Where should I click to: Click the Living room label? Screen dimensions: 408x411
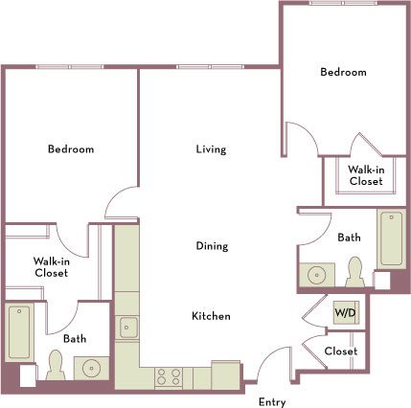[x=211, y=149]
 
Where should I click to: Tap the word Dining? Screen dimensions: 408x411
[x=212, y=246]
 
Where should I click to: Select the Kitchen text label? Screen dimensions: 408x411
[x=211, y=316]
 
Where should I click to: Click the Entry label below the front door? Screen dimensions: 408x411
[x=272, y=401]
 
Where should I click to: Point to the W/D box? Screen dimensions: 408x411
[x=343, y=312]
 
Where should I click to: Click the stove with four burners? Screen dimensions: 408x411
[x=169, y=375]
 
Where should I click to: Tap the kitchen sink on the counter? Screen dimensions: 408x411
[x=127, y=328]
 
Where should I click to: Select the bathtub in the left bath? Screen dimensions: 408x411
[x=18, y=330]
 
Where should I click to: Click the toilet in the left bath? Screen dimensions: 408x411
[x=56, y=365]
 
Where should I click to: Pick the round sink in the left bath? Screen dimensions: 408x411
[x=92, y=368]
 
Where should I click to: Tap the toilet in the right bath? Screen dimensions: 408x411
[x=354, y=272]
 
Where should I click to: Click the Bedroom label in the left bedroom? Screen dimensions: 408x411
[x=71, y=149]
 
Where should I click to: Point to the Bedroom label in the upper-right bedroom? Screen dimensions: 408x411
[x=343, y=73]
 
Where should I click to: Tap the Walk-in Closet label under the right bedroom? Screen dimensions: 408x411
[x=366, y=174]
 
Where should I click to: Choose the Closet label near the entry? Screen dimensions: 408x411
[x=340, y=351]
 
